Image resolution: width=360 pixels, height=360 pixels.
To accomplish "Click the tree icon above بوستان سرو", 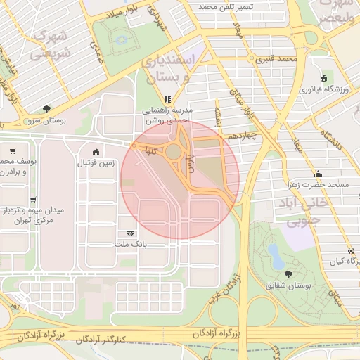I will [x=46, y=109].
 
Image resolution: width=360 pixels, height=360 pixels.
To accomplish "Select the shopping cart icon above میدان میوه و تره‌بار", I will [x=13, y=150].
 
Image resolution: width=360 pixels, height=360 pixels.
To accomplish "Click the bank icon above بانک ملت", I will [x=130, y=233].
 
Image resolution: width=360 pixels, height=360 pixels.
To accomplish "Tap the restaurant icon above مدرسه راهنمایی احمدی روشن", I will [x=167, y=99].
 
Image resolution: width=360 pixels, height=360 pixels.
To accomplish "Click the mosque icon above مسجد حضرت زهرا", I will [x=319, y=174].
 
